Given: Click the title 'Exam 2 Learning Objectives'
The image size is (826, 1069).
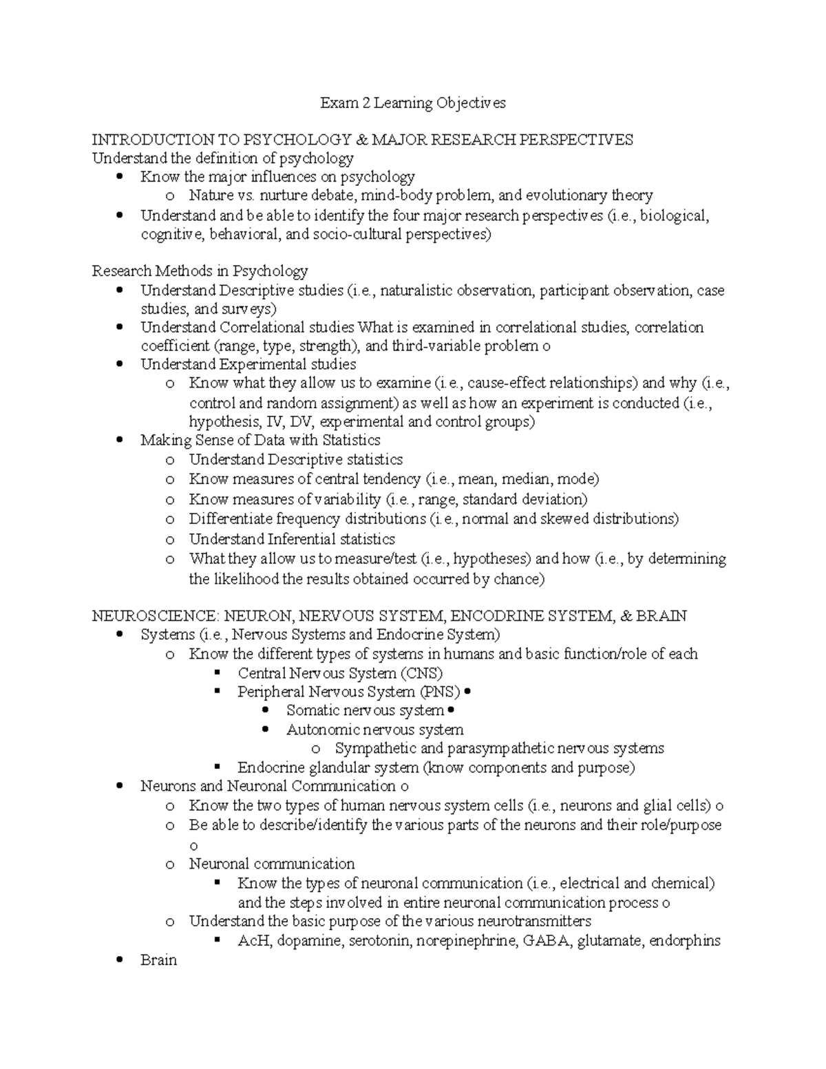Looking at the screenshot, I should tap(412, 103).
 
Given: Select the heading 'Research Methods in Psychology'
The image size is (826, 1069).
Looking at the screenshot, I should tap(200, 271).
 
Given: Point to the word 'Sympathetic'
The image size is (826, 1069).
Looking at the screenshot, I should tap(374, 748).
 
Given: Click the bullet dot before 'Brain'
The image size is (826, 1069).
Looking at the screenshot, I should tap(121, 960).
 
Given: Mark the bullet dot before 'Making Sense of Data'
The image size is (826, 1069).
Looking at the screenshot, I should tap(121, 441).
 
